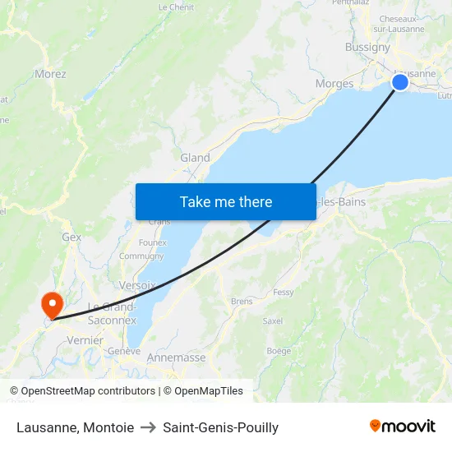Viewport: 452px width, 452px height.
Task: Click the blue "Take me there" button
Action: (x=226, y=201)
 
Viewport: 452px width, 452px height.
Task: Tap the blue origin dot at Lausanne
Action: (x=400, y=81)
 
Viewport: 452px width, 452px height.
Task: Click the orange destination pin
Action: (x=53, y=305)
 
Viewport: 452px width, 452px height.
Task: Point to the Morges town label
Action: (x=334, y=84)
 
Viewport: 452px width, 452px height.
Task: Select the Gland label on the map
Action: (x=195, y=158)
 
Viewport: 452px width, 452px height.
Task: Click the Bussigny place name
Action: (x=367, y=47)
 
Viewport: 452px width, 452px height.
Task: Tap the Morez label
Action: (x=50, y=74)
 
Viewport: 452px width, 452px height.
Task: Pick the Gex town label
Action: (x=71, y=237)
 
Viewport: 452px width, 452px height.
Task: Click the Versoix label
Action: (x=137, y=285)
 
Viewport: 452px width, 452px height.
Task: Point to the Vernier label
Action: (x=85, y=340)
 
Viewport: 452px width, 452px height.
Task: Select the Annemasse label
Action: (x=176, y=357)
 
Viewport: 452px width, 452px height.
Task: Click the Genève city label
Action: (x=124, y=351)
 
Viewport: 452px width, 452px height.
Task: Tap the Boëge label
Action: (x=279, y=351)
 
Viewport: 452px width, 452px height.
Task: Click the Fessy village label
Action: (x=284, y=292)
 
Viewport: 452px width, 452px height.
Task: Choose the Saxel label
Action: (x=273, y=321)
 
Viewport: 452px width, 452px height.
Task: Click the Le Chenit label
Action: (x=176, y=7)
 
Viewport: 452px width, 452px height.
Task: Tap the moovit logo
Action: (x=402, y=427)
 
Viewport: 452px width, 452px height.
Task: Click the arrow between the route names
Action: (x=148, y=427)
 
